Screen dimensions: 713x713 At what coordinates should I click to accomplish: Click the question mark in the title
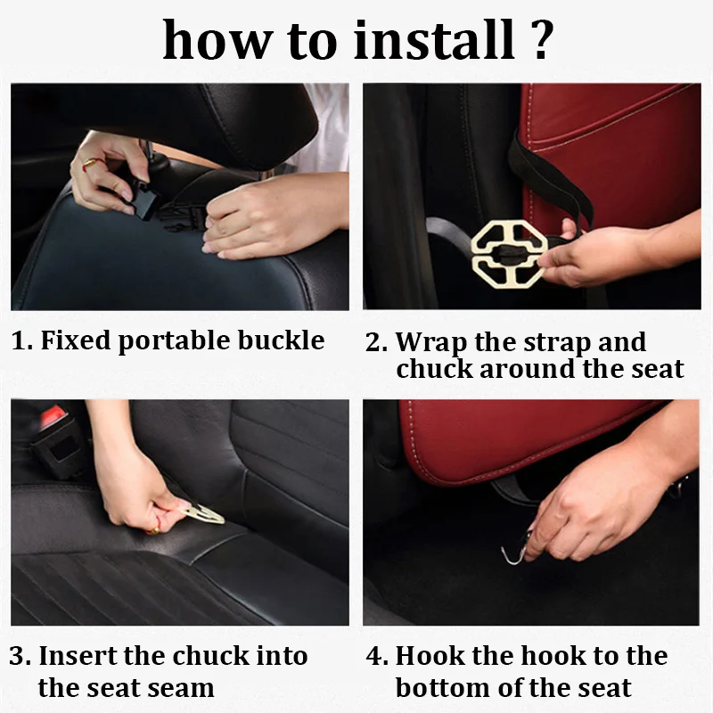[x=542, y=39]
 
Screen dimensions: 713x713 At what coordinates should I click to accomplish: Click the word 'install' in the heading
[x=434, y=39]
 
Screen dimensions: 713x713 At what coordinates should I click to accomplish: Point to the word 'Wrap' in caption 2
[x=431, y=342]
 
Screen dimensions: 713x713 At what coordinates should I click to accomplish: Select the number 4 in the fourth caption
[x=374, y=656]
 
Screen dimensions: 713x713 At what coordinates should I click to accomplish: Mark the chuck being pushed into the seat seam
[x=202, y=513]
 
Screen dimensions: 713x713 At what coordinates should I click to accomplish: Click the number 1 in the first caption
[x=19, y=340]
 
